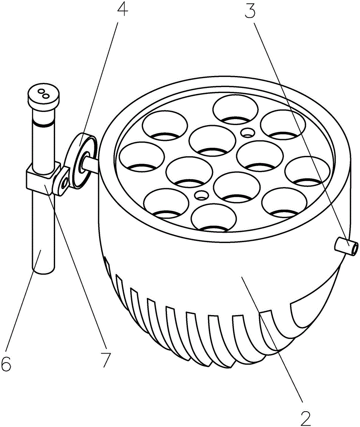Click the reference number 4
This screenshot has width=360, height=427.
pyautogui.click(x=122, y=9)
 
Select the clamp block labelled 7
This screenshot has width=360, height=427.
pyautogui.click(x=44, y=178)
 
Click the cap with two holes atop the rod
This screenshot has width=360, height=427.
pyautogui.click(x=44, y=97)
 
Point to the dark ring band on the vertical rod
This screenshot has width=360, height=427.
pyautogui.click(x=44, y=124)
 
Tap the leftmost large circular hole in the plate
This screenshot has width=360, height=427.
pyautogui.click(x=142, y=157)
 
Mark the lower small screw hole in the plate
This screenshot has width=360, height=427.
pyautogui.click(x=201, y=195)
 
